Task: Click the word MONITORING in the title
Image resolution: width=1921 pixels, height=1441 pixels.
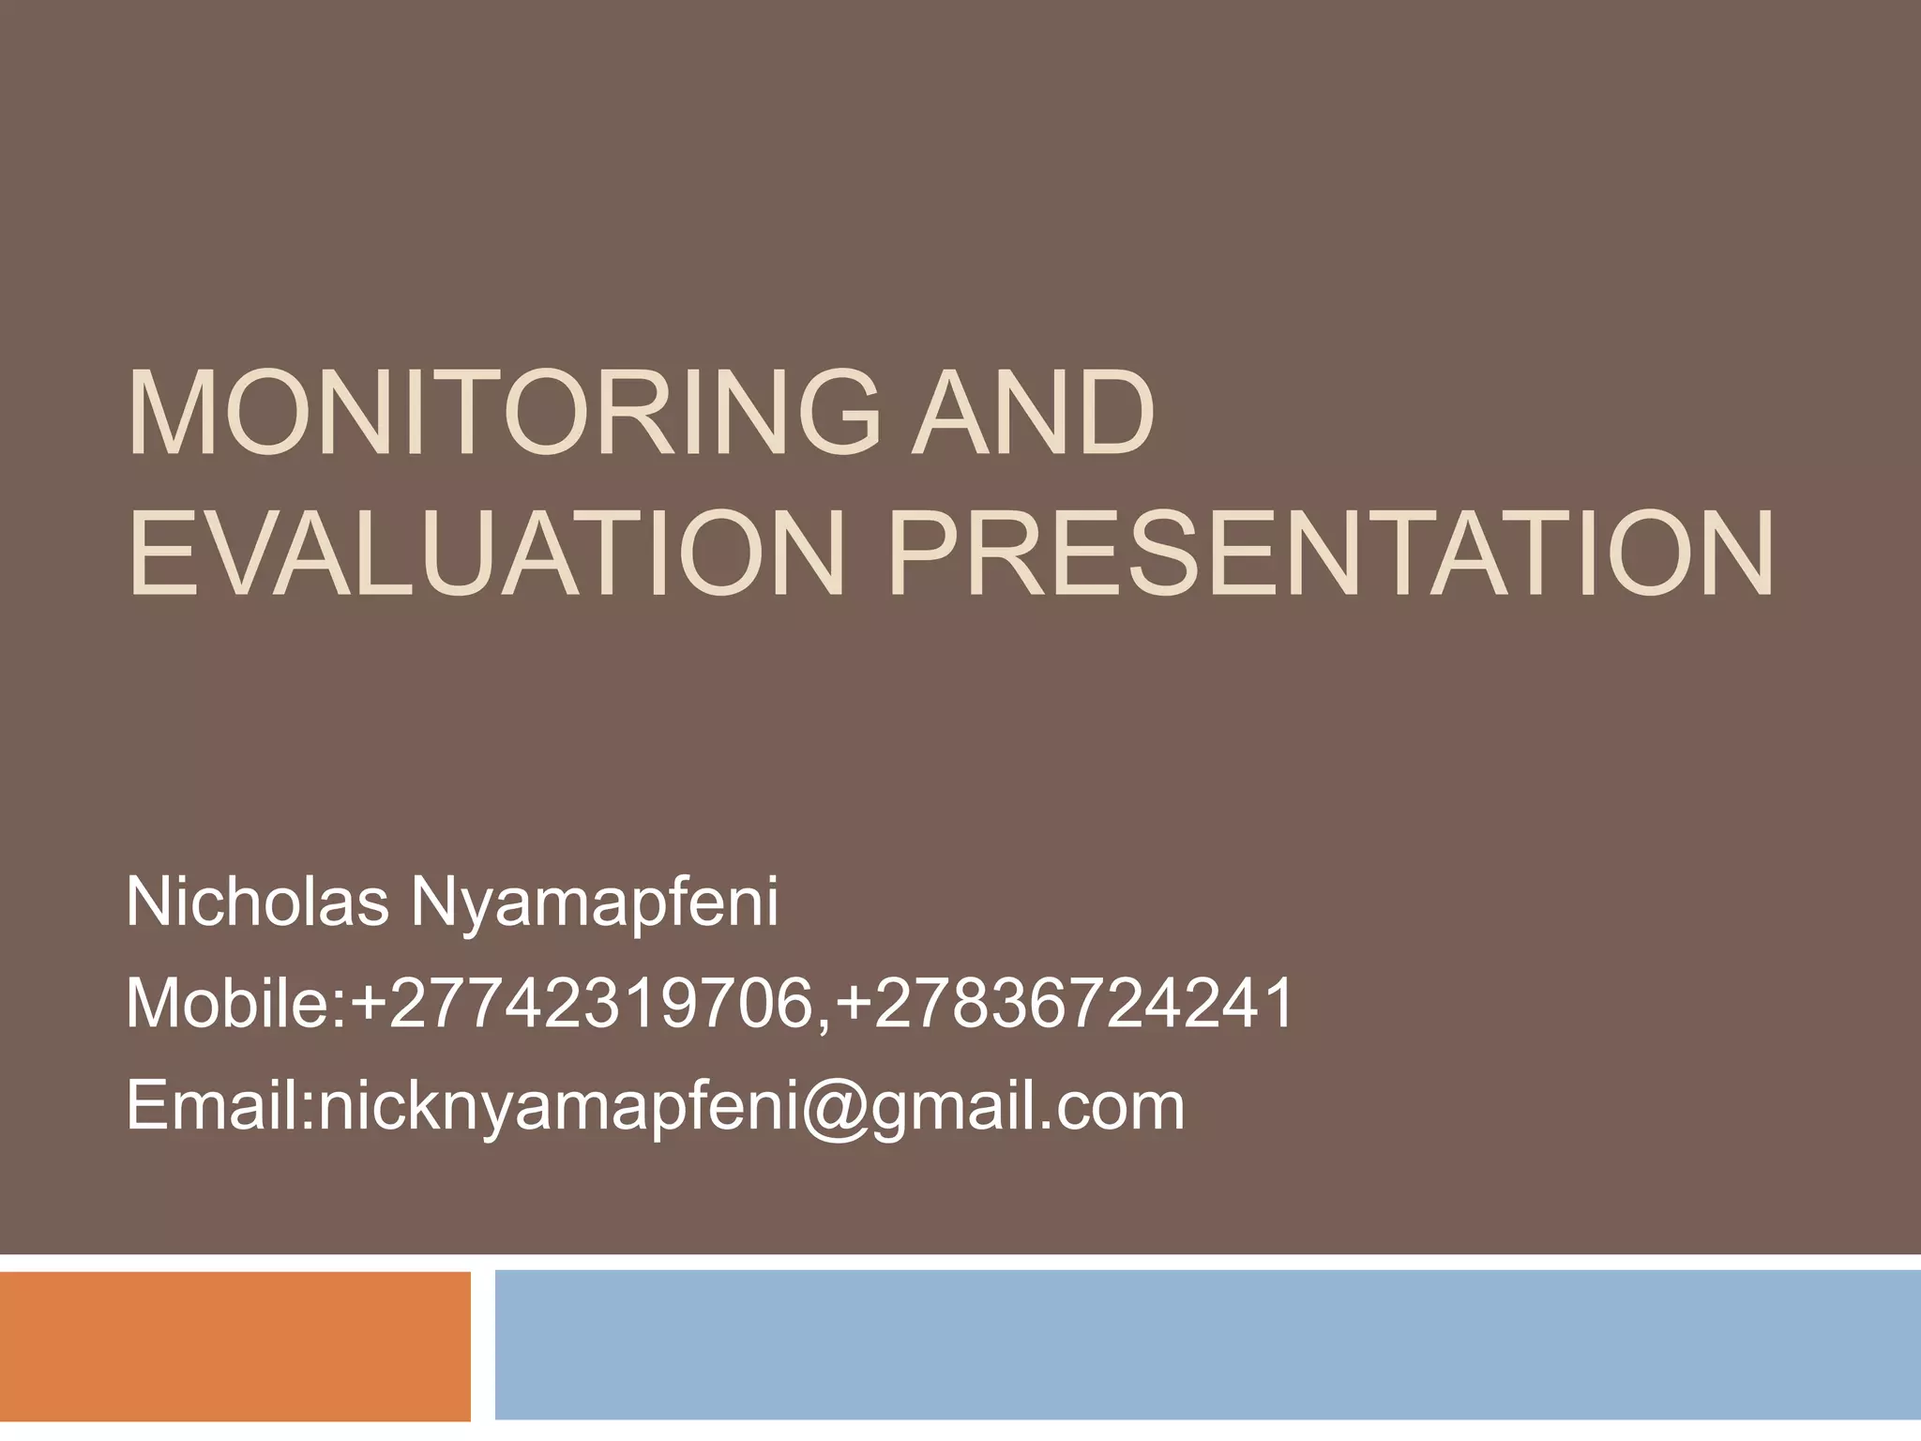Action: [x=503, y=414]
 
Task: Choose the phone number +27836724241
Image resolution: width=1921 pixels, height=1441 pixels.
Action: [x=1065, y=1003]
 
